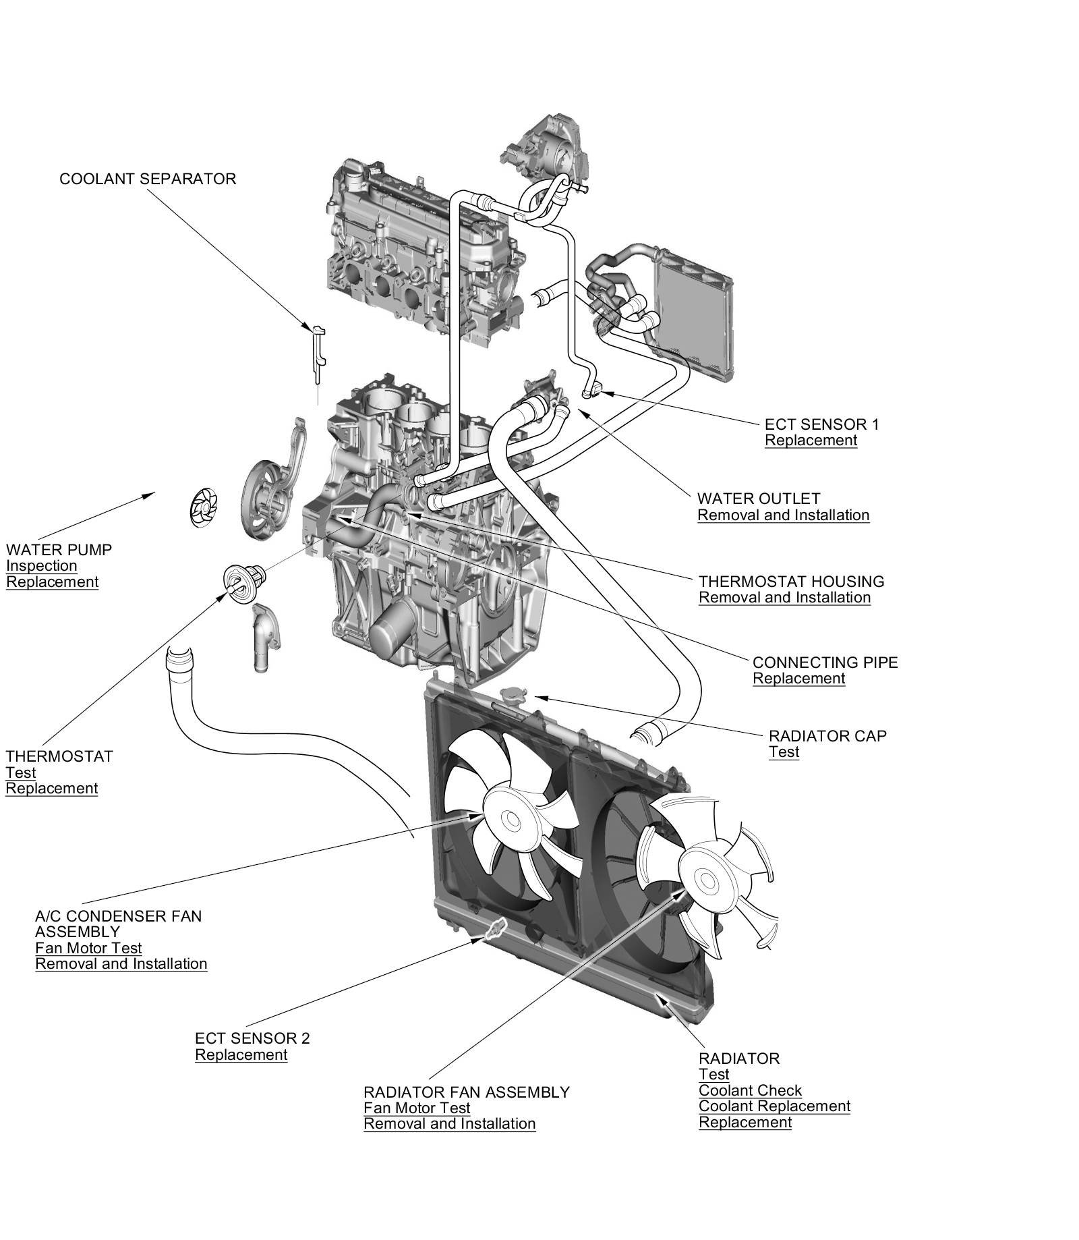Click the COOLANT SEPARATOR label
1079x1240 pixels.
coord(148,179)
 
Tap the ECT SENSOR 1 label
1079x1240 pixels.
coord(821,424)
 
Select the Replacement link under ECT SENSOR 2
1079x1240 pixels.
coord(241,1054)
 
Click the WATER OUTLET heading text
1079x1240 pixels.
coord(758,499)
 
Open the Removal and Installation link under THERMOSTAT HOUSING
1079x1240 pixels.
coord(784,597)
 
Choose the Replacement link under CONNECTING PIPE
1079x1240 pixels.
coord(798,678)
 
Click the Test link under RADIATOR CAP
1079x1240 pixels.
coord(784,752)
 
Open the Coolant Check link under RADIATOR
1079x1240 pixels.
coord(750,1090)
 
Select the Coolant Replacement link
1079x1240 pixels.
coord(774,1106)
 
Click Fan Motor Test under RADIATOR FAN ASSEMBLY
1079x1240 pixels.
coord(417,1108)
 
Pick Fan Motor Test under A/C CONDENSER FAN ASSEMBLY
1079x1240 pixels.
coord(88,947)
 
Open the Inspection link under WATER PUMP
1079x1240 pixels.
coord(41,565)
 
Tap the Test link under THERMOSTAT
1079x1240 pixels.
coord(20,772)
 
